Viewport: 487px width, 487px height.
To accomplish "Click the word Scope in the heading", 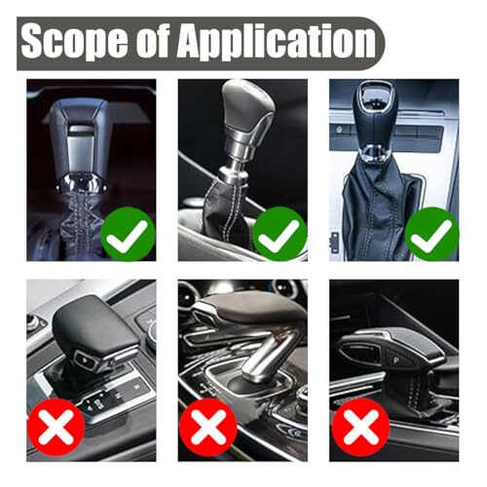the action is tap(74, 42).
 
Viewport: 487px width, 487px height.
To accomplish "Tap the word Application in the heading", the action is tap(276, 42).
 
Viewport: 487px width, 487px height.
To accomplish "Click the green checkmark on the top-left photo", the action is tap(128, 234).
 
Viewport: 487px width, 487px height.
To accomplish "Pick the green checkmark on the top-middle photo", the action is tap(280, 234).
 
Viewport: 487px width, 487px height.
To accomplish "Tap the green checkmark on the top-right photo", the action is tap(431, 234).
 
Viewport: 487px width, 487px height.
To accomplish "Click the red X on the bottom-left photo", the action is tap(56, 427).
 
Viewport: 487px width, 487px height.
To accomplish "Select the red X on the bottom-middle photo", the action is tap(208, 427).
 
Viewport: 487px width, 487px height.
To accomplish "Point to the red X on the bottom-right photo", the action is tap(360, 427).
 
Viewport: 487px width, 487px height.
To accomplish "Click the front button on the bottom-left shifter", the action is tap(86, 359).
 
